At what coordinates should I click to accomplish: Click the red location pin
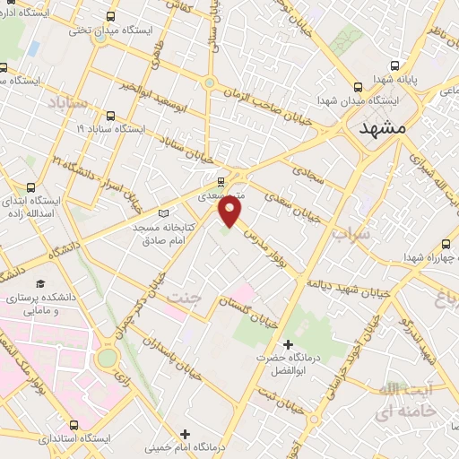point(230,212)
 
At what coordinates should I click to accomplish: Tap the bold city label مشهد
point(383,129)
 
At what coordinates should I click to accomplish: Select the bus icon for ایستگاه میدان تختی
point(110,16)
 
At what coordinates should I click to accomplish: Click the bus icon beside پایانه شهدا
point(395,65)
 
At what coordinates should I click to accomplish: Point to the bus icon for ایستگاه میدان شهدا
point(358,87)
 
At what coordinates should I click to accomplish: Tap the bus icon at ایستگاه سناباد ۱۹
point(110,116)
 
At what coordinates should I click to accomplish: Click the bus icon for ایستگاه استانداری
point(72,425)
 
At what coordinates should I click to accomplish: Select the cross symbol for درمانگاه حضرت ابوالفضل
point(288,344)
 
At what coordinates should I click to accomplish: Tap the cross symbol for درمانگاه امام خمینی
point(185,435)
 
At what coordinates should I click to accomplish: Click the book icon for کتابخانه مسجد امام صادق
point(163,212)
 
